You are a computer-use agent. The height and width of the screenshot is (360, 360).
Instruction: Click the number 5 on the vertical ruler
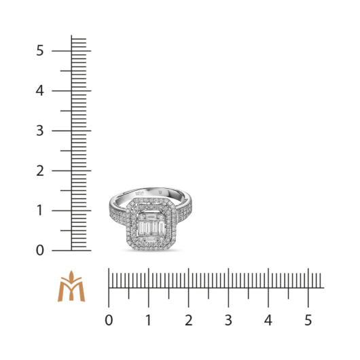[x=40, y=50]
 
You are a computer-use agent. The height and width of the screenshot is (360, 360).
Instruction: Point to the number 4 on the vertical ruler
[x=39, y=91]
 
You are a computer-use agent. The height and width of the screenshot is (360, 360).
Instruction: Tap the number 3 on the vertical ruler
[x=40, y=130]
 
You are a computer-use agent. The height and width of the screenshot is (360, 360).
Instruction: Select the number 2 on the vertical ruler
[x=40, y=170]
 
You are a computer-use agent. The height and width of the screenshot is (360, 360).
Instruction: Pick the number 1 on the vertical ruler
[x=40, y=211]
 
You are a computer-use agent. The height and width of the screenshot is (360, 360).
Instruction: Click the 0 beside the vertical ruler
[x=40, y=250]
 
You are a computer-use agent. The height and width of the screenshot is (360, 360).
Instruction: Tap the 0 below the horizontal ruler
[x=109, y=320]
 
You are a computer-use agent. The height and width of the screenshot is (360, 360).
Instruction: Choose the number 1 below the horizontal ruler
[x=149, y=320]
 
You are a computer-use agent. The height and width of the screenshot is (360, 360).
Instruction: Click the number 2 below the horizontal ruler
[x=189, y=320]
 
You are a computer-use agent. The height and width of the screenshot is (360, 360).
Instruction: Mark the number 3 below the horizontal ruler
[x=228, y=320]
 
